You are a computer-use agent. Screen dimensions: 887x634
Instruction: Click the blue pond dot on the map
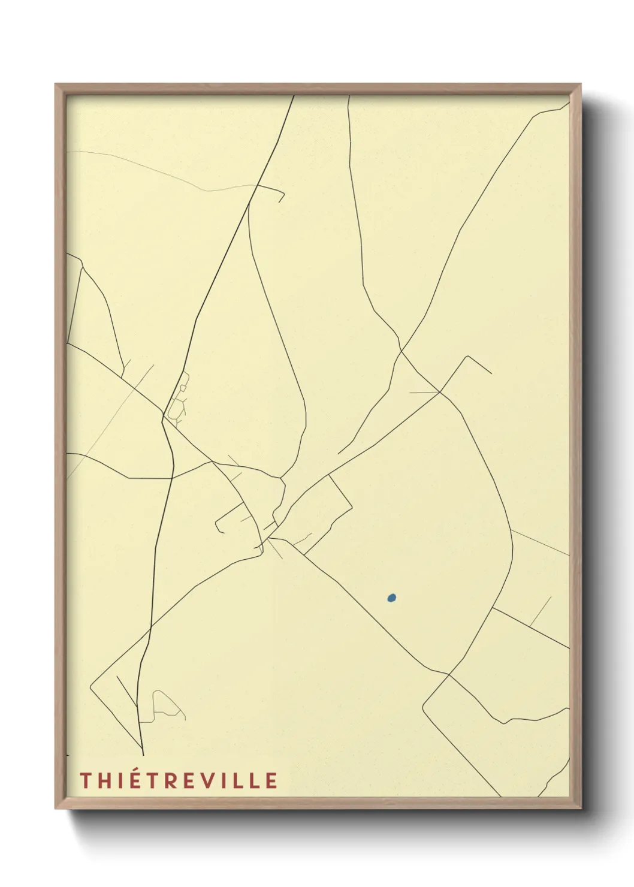pos(391,598)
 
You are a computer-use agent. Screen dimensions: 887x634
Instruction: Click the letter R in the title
pos(174,780)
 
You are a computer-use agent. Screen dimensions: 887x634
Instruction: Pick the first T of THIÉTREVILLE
pos(84,780)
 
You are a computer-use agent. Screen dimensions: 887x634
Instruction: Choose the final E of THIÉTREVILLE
pos(271,780)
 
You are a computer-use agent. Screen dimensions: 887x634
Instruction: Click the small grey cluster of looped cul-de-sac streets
pos(178,399)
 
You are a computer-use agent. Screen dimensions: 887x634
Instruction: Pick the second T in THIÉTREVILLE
pos(155,780)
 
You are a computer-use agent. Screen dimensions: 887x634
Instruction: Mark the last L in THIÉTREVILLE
pos(255,780)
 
